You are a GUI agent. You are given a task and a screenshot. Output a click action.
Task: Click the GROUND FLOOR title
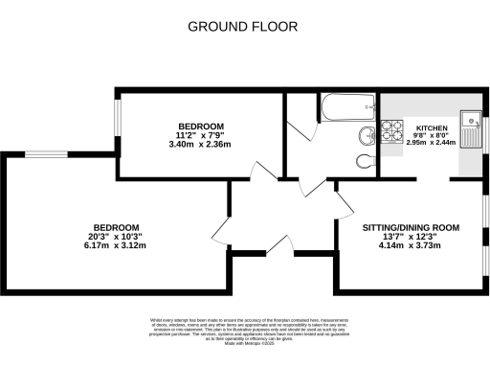coord(244,26)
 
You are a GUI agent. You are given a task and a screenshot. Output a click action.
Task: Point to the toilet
coord(364,160)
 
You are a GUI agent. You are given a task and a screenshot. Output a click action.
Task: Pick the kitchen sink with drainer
coord(469,124)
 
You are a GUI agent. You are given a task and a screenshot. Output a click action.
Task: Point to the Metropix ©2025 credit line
coord(244,342)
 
